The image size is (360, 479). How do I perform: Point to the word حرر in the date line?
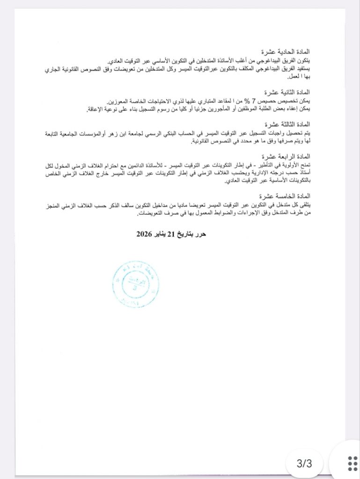pos(200,234)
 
